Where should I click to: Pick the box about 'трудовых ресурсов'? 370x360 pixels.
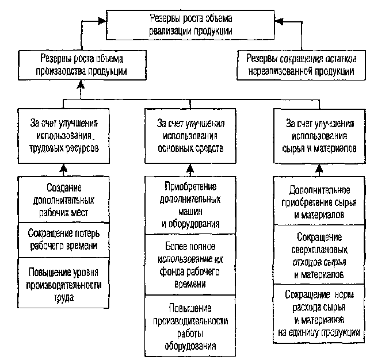(x=63, y=135)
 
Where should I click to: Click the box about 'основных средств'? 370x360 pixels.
(x=190, y=135)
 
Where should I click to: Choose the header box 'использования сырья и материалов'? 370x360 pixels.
(x=318, y=135)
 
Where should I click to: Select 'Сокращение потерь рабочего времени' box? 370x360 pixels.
(x=63, y=240)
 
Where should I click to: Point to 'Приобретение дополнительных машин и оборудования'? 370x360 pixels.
(x=190, y=205)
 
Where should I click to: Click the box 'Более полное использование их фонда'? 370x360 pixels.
(x=190, y=265)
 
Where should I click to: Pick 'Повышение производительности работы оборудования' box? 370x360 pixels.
(x=190, y=325)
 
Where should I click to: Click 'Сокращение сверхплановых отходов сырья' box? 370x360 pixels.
(x=318, y=255)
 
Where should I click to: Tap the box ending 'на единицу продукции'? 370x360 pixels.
(x=318, y=313)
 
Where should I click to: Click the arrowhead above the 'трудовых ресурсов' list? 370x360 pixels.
(x=63, y=168)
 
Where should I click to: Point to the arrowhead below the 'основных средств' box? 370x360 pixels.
(x=190, y=168)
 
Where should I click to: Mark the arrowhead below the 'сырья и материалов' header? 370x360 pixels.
(x=318, y=168)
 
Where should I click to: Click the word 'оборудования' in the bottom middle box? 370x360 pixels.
(x=190, y=346)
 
